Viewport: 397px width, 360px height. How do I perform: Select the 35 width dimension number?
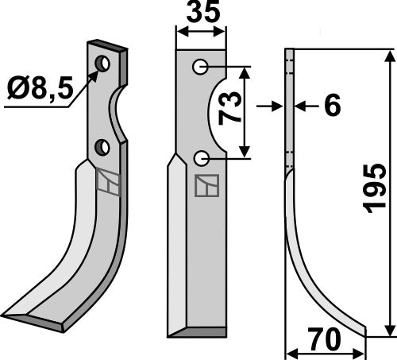click(201, 15)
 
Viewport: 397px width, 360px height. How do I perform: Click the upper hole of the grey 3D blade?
click(102, 64)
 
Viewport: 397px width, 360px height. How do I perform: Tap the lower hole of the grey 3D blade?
click(102, 147)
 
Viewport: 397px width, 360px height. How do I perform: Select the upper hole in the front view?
click(201, 68)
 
